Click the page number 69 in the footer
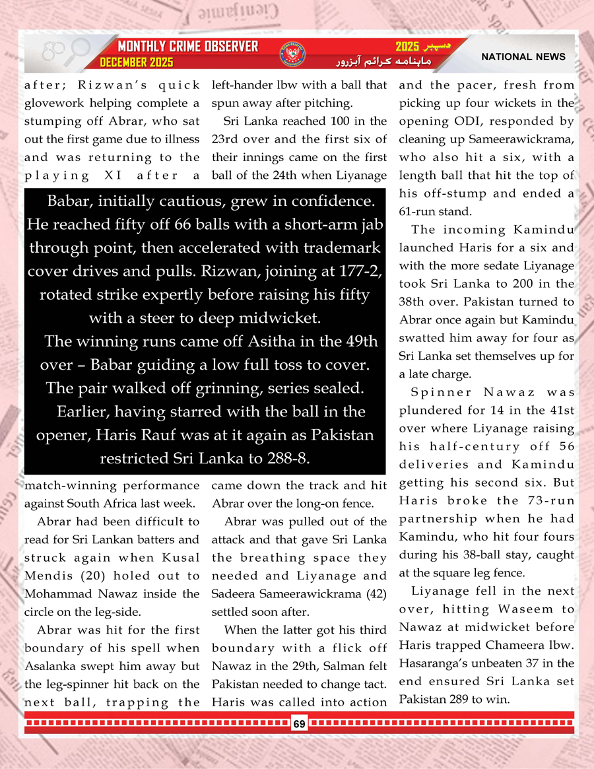pyautogui.click(x=299, y=724)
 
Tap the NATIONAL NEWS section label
pyautogui.click(x=523, y=57)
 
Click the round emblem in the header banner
pyautogui.click(x=298, y=53)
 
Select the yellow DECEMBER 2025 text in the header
pyautogui.click(x=136, y=62)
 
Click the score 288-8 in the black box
pyautogui.click(x=279, y=457)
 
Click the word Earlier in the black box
pyautogui.click(x=83, y=411)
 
